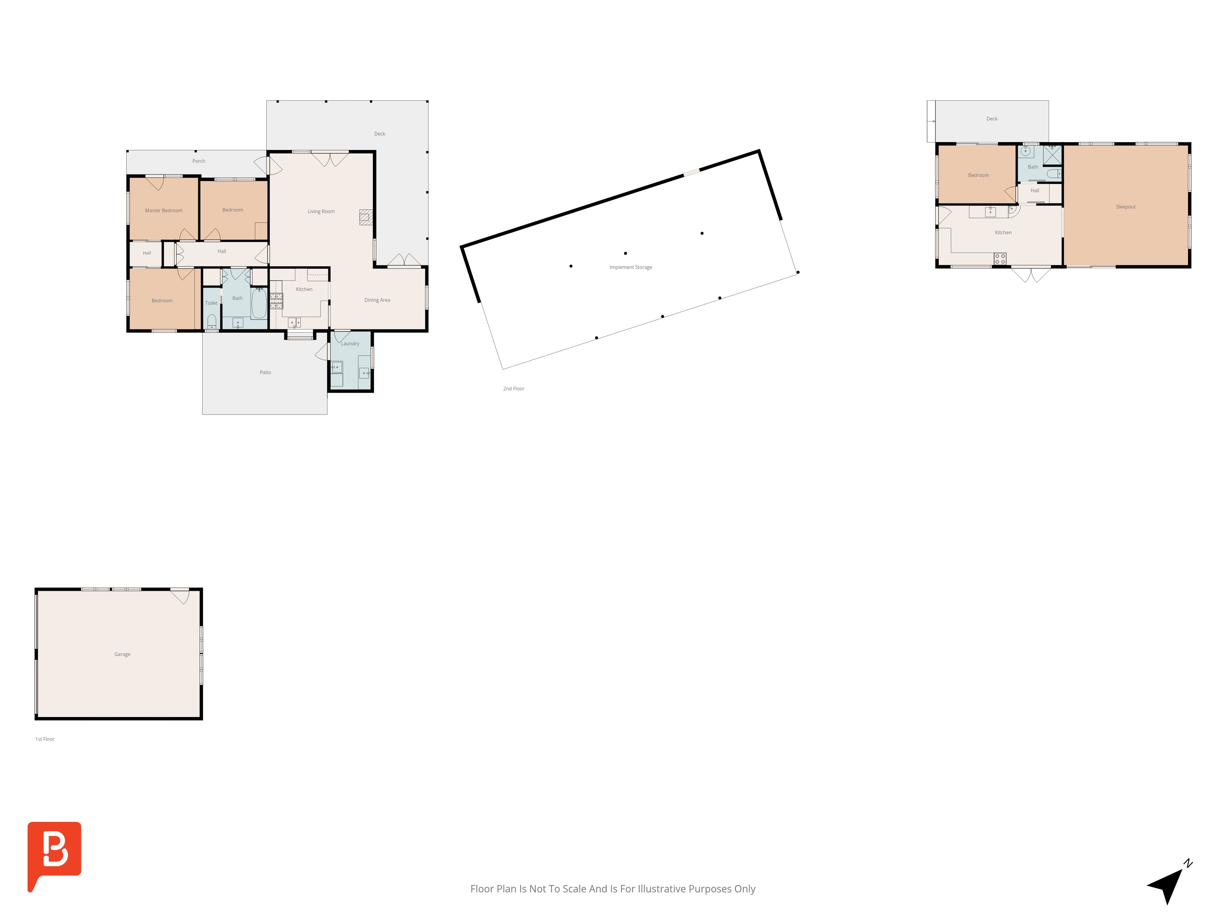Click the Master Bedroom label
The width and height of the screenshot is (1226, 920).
pyautogui.click(x=163, y=211)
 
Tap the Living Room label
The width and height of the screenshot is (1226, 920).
pyautogui.click(x=321, y=211)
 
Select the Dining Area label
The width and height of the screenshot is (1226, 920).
pyautogui.click(x=377, y=300)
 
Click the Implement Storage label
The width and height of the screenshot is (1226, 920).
pyautogui.click(x=631, y=267)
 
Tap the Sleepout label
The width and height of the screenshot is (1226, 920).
pyautogui.click(x=1126, y=207)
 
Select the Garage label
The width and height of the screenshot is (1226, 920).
pyautogui.click(x=123, y=654)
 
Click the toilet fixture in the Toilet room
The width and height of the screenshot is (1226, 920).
pyautogui.click(x=211, y=322)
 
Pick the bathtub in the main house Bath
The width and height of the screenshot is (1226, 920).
pyautogui.click(x=259, y=303)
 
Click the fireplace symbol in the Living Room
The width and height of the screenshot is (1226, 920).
pyautogui.click(x=366, y=217)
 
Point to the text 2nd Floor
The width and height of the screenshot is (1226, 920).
pyautogui.click(x=513, y=389)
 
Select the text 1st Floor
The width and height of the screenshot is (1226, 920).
pyautogui.click(x=45, y=739)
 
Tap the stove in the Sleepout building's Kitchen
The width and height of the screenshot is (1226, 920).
pyautogui.click(x=1000, y=259)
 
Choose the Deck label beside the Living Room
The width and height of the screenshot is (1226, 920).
pyautogui.click(x=380, y=134)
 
